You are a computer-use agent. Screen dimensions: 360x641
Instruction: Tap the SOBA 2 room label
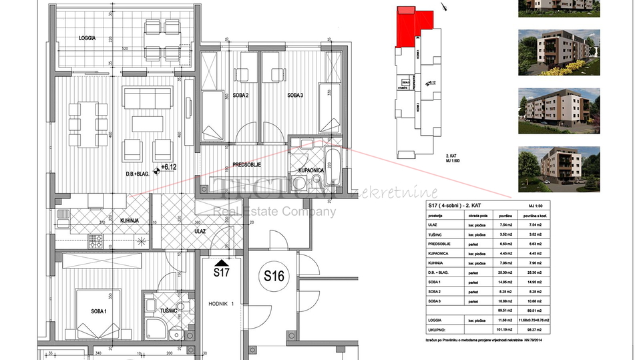(240, 96)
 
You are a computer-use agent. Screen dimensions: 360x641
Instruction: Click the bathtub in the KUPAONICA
(333, 166)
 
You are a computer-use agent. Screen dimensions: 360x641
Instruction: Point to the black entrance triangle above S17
(221, 263)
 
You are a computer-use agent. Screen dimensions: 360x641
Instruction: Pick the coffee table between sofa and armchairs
(147, 124)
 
